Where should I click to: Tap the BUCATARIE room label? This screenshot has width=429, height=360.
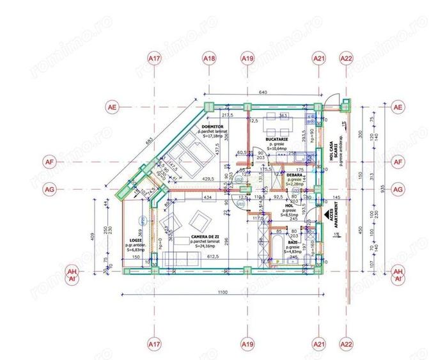pos(278,139)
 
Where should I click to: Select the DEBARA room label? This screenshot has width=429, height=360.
pos(295,174)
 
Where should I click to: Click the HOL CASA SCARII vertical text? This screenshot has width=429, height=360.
pos(328,152)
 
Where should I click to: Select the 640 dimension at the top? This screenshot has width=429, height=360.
pos(263,91)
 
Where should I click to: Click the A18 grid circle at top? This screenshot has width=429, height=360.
pos(209,59)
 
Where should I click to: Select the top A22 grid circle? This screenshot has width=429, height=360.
pos(347,59)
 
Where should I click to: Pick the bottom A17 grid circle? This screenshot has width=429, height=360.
pos(154,344)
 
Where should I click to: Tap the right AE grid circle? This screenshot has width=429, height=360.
pos(398,106)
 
